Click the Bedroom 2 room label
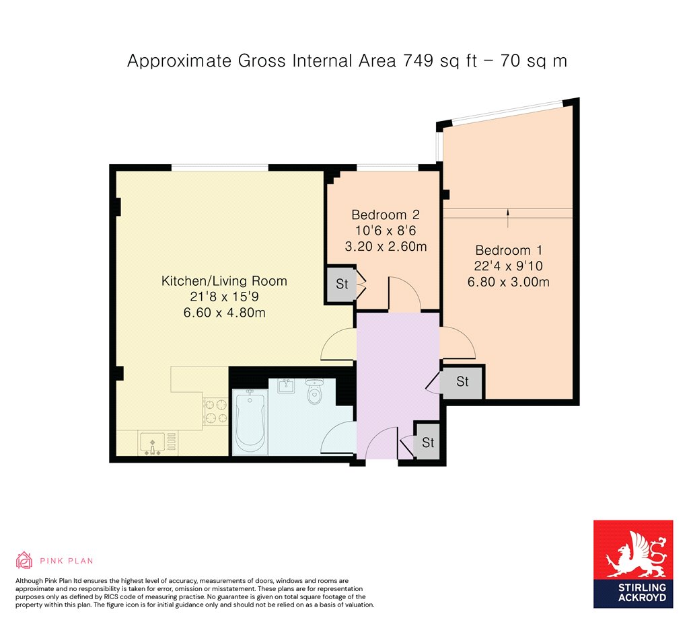point(386,214)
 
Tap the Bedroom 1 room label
point(509,250)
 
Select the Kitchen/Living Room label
point(224,281)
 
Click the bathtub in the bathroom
point(250,422)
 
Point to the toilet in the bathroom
point(314,391)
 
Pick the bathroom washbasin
point(286,385)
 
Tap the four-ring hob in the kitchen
point(216,412)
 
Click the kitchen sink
point(153,443)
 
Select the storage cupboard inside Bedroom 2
point(341,284)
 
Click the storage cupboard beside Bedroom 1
point(462,382)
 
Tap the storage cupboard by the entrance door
point(427,442)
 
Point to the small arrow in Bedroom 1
point(508,219)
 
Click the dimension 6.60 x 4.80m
point(224,313)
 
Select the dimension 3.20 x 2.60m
point(386,246)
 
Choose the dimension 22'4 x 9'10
point(509,266)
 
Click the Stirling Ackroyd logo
point(633,564)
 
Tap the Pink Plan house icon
point(24,560)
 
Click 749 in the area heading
point(419,61)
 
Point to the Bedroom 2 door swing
point(404,294)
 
